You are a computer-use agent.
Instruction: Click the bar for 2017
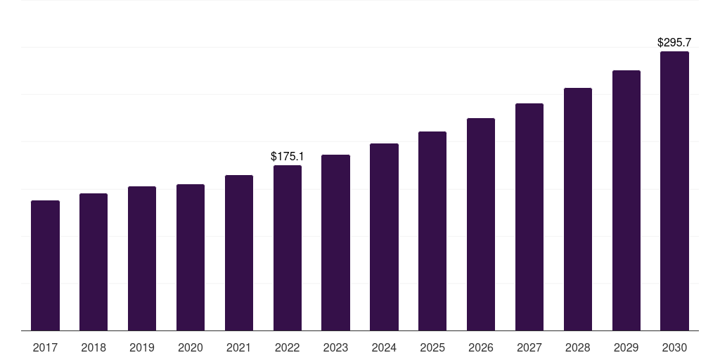(45, 266)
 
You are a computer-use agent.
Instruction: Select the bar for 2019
(142, 259)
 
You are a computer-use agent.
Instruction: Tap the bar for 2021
(239, 253)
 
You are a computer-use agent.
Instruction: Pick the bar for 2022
(288, 248)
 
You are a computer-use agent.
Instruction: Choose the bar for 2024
(384, 237)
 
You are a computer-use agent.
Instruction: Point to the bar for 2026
(481, 224)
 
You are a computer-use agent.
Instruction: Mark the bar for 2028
(578, 210)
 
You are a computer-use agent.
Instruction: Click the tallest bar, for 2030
(674, 191)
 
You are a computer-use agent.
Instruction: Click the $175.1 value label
(288, 156)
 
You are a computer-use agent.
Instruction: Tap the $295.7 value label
(674, 42)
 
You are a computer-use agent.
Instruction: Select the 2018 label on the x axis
(94, 347)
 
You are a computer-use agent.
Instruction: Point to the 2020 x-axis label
(191, 347)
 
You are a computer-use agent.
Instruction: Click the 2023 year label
(335, 347)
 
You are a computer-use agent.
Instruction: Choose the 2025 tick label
(432, 347)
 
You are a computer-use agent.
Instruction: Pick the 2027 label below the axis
(529, 347)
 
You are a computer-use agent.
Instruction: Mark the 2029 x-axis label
(626, 347)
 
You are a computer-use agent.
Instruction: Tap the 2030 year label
(674, 347)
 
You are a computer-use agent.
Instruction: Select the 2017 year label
(45, 347)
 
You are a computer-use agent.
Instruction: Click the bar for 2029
(626, 200)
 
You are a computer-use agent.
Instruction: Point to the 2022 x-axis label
(288, 347)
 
